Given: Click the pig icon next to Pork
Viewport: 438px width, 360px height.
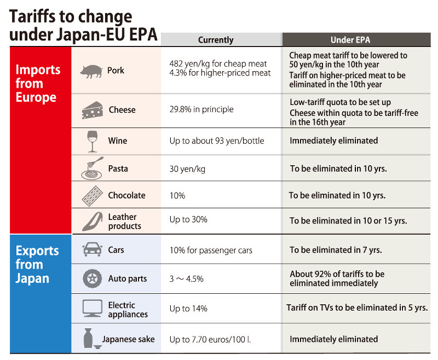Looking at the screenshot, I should pos(90,71).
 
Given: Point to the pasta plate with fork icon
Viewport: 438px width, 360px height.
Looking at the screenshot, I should pos(92,169).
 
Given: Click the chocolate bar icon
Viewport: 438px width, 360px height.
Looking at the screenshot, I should pos(91,195).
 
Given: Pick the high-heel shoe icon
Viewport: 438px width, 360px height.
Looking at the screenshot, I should pos(91,221).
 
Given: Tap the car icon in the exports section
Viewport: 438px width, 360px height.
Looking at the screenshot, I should pos(91,250).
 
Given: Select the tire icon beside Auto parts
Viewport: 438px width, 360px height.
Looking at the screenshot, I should pos(91,278).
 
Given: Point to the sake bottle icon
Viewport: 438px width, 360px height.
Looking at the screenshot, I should pos(90,339).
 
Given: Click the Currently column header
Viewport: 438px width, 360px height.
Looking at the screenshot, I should pos(216,40).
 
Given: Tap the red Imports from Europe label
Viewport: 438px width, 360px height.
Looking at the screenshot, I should pos(37,84).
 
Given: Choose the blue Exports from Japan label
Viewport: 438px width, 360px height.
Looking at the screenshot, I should pos(37,264).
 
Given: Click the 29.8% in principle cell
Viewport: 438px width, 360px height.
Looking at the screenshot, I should pos(201,109).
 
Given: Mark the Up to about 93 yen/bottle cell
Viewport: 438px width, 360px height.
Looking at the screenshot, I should pos(216,141).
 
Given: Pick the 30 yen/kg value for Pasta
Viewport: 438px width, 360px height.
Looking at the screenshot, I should pos(187,169).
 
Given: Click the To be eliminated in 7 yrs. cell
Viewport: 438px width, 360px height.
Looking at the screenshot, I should pos(336,250).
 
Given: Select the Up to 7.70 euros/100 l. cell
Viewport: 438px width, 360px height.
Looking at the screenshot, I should pos(210,340).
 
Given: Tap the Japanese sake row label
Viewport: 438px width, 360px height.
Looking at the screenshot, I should pos(128,339).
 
